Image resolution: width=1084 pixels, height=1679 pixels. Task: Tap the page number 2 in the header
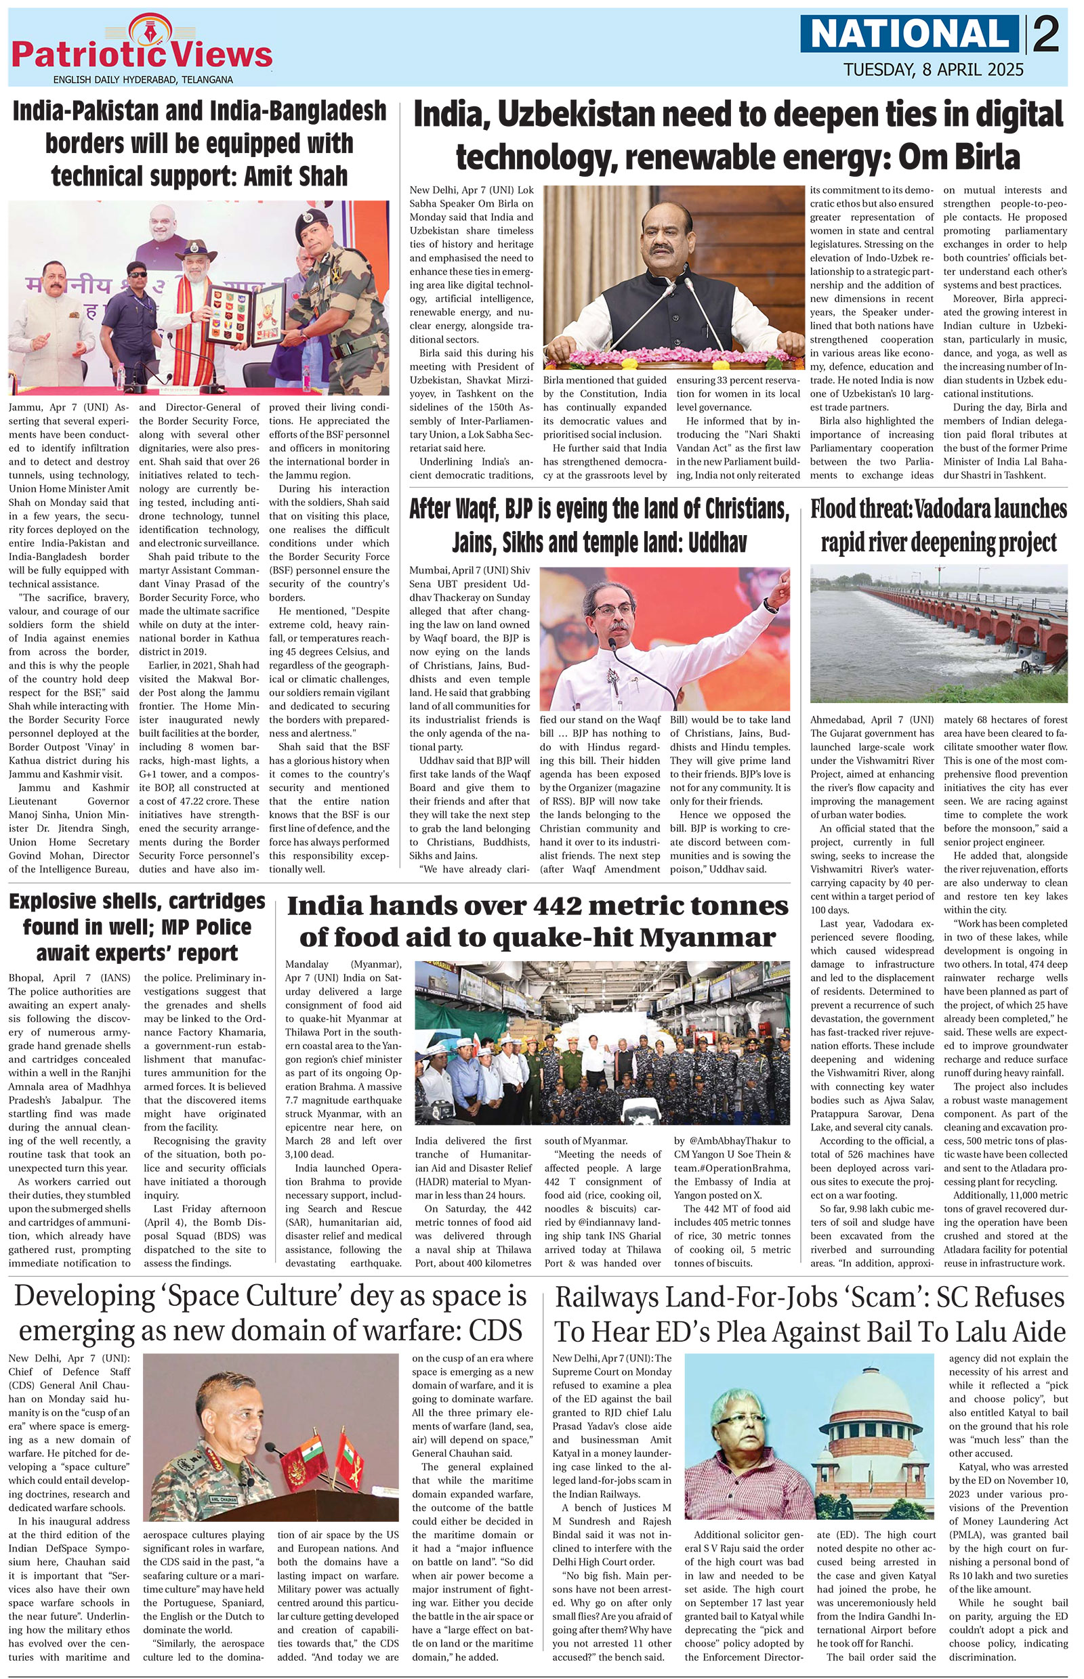click(x=1046, y=35)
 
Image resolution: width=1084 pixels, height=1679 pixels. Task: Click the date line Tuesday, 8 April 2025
click(x=934, y=69)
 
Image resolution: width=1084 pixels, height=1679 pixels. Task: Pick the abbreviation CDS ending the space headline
click(x=493, y=1330)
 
